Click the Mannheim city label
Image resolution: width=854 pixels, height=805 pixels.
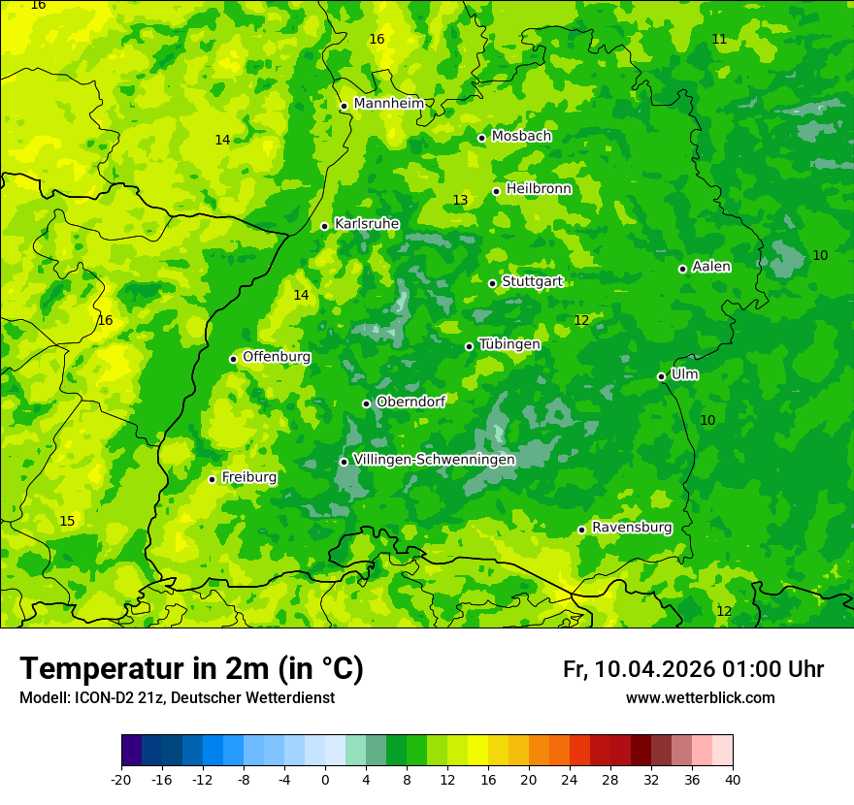pos(388,104)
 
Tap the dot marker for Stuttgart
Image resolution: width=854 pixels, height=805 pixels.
pos(492,283)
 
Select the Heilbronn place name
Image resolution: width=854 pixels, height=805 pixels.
pos(539,189)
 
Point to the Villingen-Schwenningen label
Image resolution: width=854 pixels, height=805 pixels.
pos(434,460)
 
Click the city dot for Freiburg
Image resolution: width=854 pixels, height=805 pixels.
pos(212,479)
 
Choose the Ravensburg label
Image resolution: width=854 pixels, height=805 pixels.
pos(631,528)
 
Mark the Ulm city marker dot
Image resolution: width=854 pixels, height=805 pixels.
pos(661,376)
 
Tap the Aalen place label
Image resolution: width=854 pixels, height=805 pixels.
pos(711,267)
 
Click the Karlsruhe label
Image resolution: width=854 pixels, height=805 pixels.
pos(366,224)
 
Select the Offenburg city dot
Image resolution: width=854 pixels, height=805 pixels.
pos(233,359)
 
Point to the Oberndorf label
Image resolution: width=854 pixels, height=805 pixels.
pos(411,402)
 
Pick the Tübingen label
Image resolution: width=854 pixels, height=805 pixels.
pos(509,344)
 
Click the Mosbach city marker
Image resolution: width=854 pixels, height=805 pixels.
pos(481,138)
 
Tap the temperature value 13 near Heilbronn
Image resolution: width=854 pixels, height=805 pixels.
pos(460,201)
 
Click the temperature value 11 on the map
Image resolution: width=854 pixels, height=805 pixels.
pos(719,40)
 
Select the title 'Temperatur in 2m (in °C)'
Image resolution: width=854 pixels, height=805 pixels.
pos(191,669)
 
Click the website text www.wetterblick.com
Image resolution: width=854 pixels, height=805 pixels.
pos(700,698)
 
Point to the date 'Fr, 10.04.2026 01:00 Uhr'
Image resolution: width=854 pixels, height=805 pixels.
pos(693,670)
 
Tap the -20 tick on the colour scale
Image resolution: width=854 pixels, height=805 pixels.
pos(121,780)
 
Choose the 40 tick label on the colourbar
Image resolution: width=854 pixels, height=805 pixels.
pos(733,780)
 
